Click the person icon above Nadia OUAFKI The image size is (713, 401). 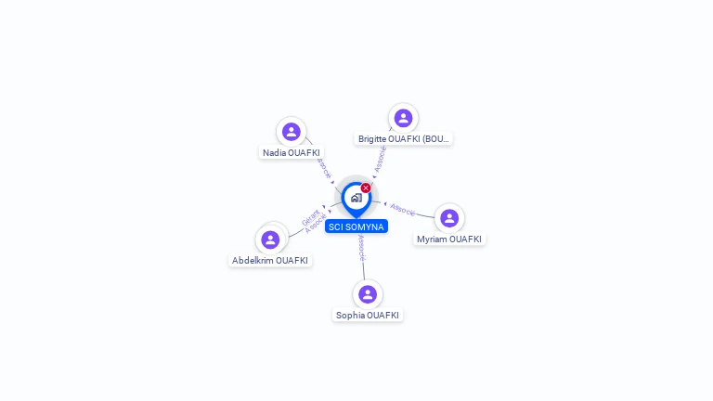coord(292,132)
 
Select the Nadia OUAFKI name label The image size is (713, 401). coord(292,152)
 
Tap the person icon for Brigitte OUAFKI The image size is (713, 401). coord(403,118)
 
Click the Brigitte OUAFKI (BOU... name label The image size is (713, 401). coord(404,138)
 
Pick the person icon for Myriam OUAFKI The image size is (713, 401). coord(449,218)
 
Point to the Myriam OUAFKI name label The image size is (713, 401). coord(449,239)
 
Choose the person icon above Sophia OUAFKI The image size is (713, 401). coord(368,294)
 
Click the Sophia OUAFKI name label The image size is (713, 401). coord(368,315)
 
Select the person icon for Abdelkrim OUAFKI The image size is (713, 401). coord(270,239)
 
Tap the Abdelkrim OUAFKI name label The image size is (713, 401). coord(270,261)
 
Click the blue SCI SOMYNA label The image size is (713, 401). coord(356,226)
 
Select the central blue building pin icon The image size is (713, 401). coord(356,198)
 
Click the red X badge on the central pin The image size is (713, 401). coord(366,188)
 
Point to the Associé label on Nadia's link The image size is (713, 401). coord(323,167)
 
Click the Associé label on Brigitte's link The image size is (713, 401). coord(381,158)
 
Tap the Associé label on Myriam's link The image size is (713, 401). coord(403,209)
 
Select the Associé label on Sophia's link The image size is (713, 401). coord(361,247)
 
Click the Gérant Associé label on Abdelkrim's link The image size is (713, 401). coord(313,221)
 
